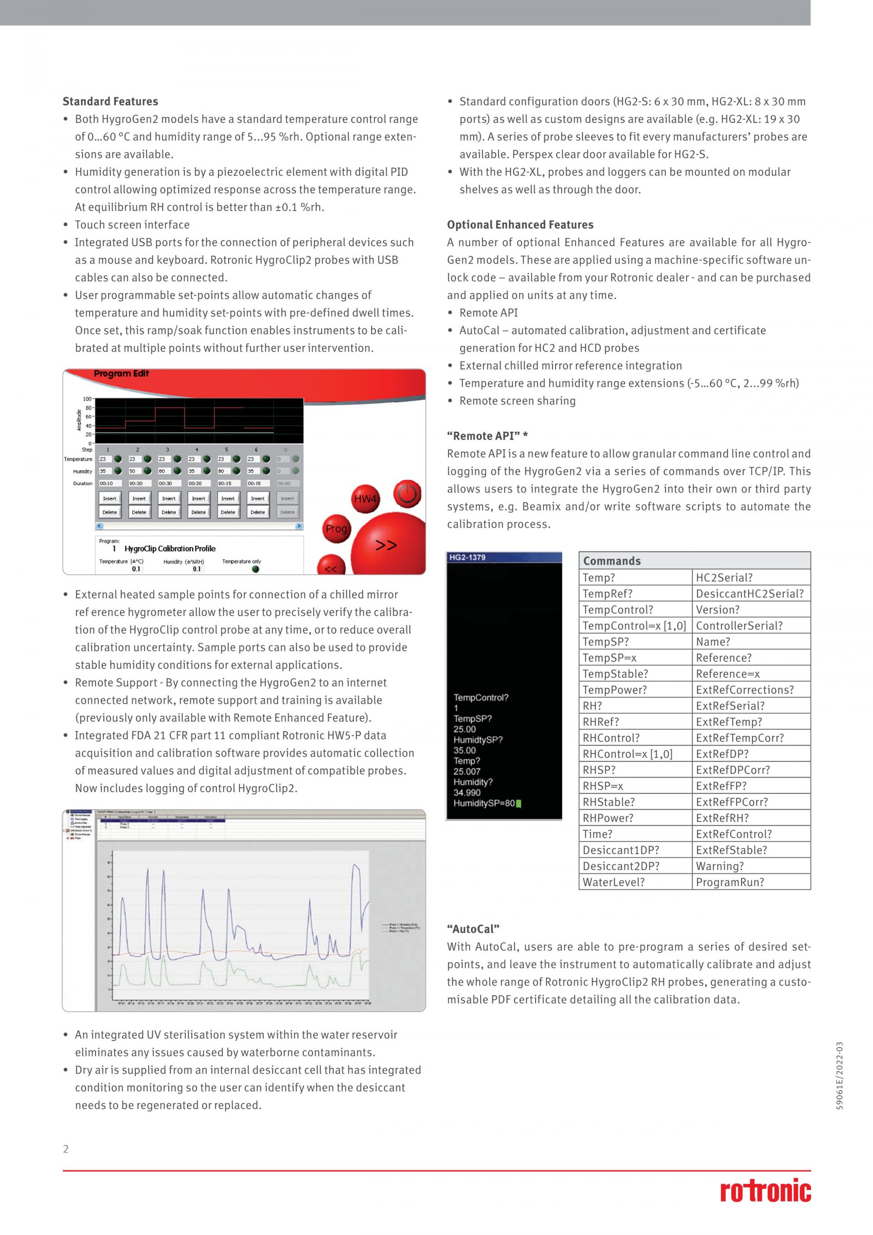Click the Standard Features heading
110,101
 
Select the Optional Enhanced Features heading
520,224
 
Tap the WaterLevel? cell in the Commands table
613,882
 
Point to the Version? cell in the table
717,610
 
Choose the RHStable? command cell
608,801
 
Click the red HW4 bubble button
366,499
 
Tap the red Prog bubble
336,529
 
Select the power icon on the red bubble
407,493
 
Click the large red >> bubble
386,545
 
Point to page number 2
65,1149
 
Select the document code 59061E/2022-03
840,1076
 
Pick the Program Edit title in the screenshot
121,373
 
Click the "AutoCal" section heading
473,929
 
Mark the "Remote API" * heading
487,436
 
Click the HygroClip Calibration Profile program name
170,549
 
